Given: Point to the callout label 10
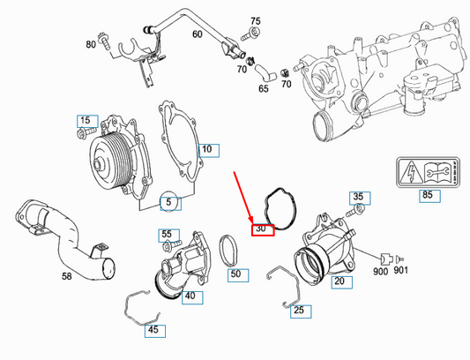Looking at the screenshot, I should coord(206,150).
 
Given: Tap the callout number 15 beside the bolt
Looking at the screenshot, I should coord(86,120).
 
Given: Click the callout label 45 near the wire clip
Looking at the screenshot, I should coord(153,330).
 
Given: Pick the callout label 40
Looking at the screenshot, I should coord(189,296).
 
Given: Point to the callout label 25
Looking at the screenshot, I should coord(300,310).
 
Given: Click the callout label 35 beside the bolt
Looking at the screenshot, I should coord(357,196).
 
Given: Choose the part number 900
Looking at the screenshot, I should coord(382,273).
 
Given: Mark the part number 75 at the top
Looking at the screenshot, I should coord(256,20).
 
